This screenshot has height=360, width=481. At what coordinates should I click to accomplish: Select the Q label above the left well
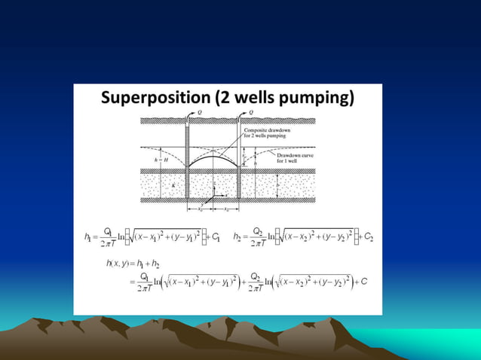pos(199,112)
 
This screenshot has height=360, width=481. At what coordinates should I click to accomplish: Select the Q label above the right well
pos(250,112)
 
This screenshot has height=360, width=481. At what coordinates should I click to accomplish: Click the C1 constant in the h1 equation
pos(216,237)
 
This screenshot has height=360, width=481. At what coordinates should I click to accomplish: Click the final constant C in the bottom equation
pos(364,282)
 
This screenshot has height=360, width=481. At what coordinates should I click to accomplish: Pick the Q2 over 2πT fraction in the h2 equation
pos(259,236)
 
